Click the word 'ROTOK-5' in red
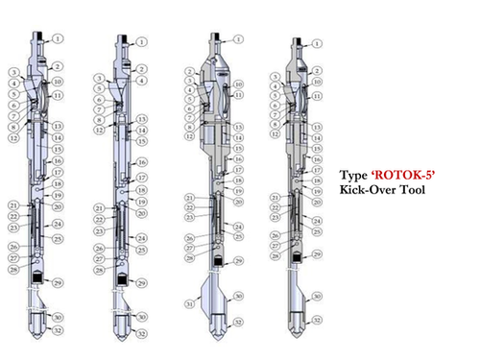tap(396, 177)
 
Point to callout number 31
tap(188, 304)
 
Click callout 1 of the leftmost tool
tap(57, 38)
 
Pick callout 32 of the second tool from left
tap(141, 333)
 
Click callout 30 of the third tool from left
tap(237, 296)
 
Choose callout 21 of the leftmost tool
tap(13, 204)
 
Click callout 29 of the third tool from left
tap(237, 260)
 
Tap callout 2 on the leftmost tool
tap(57, 65)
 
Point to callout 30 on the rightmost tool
tap(318, 297)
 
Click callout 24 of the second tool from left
tap(141, 237)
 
